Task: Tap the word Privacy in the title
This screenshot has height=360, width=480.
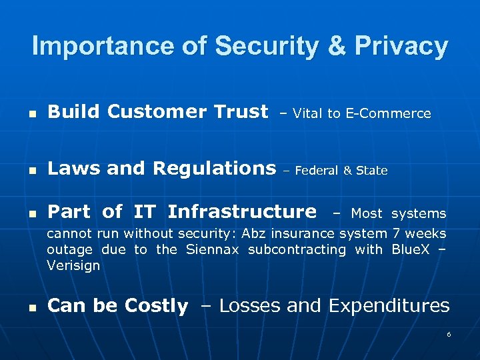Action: tap(401, 46)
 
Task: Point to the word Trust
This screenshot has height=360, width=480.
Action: tap(238, 111)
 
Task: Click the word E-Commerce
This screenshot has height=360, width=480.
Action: tap(388, 114)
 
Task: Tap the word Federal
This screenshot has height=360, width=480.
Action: tap(317, 171)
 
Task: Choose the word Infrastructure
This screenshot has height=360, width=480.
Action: tap(242, 212)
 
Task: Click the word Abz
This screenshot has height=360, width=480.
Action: tap(253, 233)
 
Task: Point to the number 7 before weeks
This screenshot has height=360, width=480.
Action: tap(396, 233)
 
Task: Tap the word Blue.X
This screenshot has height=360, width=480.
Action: tap(411, 249)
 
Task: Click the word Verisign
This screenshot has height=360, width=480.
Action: tap(73, 265)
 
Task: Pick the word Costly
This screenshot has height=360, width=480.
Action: tap(155, 306)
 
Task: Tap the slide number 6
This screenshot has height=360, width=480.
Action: tap(449, 334)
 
